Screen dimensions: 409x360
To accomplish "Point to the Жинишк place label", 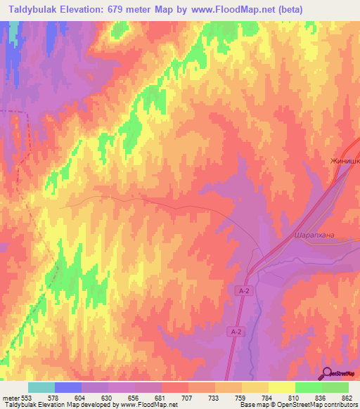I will coord(345,161).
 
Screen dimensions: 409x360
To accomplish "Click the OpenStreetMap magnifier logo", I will coord(328,373).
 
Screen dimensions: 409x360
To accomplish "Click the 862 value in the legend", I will coord(347,398).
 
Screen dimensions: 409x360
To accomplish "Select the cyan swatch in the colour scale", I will coord(41,387).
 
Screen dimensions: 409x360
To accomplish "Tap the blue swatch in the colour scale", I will coord(68,387).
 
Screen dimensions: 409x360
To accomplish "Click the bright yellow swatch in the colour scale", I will coord(281,387).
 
